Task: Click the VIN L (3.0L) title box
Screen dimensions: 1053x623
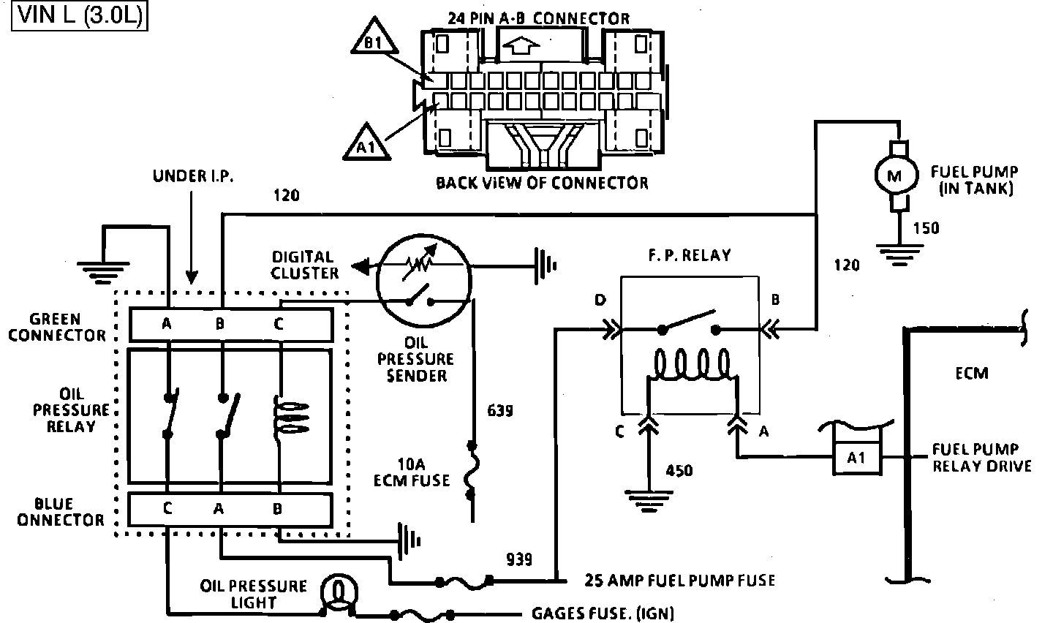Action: pyautogui.click(x=80, y=15)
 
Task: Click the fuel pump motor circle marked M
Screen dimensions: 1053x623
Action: pyautogui.click(x=896, y=175)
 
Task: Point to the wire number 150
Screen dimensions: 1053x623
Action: pyautogui.click(x=926, y=229)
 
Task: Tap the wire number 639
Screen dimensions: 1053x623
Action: pyautogui.click(x=499, y=410)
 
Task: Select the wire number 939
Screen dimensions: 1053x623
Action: pyautogui.click(x=519, y=559)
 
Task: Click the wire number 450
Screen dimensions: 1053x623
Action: pyautogui.click(x=679, y=470)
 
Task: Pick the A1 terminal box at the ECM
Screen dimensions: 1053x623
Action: pyautogui.click(x=856, y=458)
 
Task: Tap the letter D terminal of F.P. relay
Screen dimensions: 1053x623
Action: pyautogui.click(x=600, y=300)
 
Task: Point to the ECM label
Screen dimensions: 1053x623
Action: pyautogui.click(x=972, y=374)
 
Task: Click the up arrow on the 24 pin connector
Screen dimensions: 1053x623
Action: pyautogui.click(x=521, y=46)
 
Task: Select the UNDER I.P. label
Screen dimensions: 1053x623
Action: pyautogui.click(x=193, y=176)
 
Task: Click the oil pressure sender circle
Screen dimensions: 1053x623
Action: pyautogui.click(x=423, y=281)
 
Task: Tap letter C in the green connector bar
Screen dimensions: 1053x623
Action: pyautogui.click(x=279, y=324)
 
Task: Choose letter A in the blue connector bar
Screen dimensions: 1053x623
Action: pyautogui.click(x=219, y=509)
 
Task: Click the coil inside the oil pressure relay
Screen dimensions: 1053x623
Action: pyautogui.click(x=290, y=418)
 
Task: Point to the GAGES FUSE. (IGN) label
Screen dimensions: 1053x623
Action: pyautogui.click(x=603, y=613)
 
